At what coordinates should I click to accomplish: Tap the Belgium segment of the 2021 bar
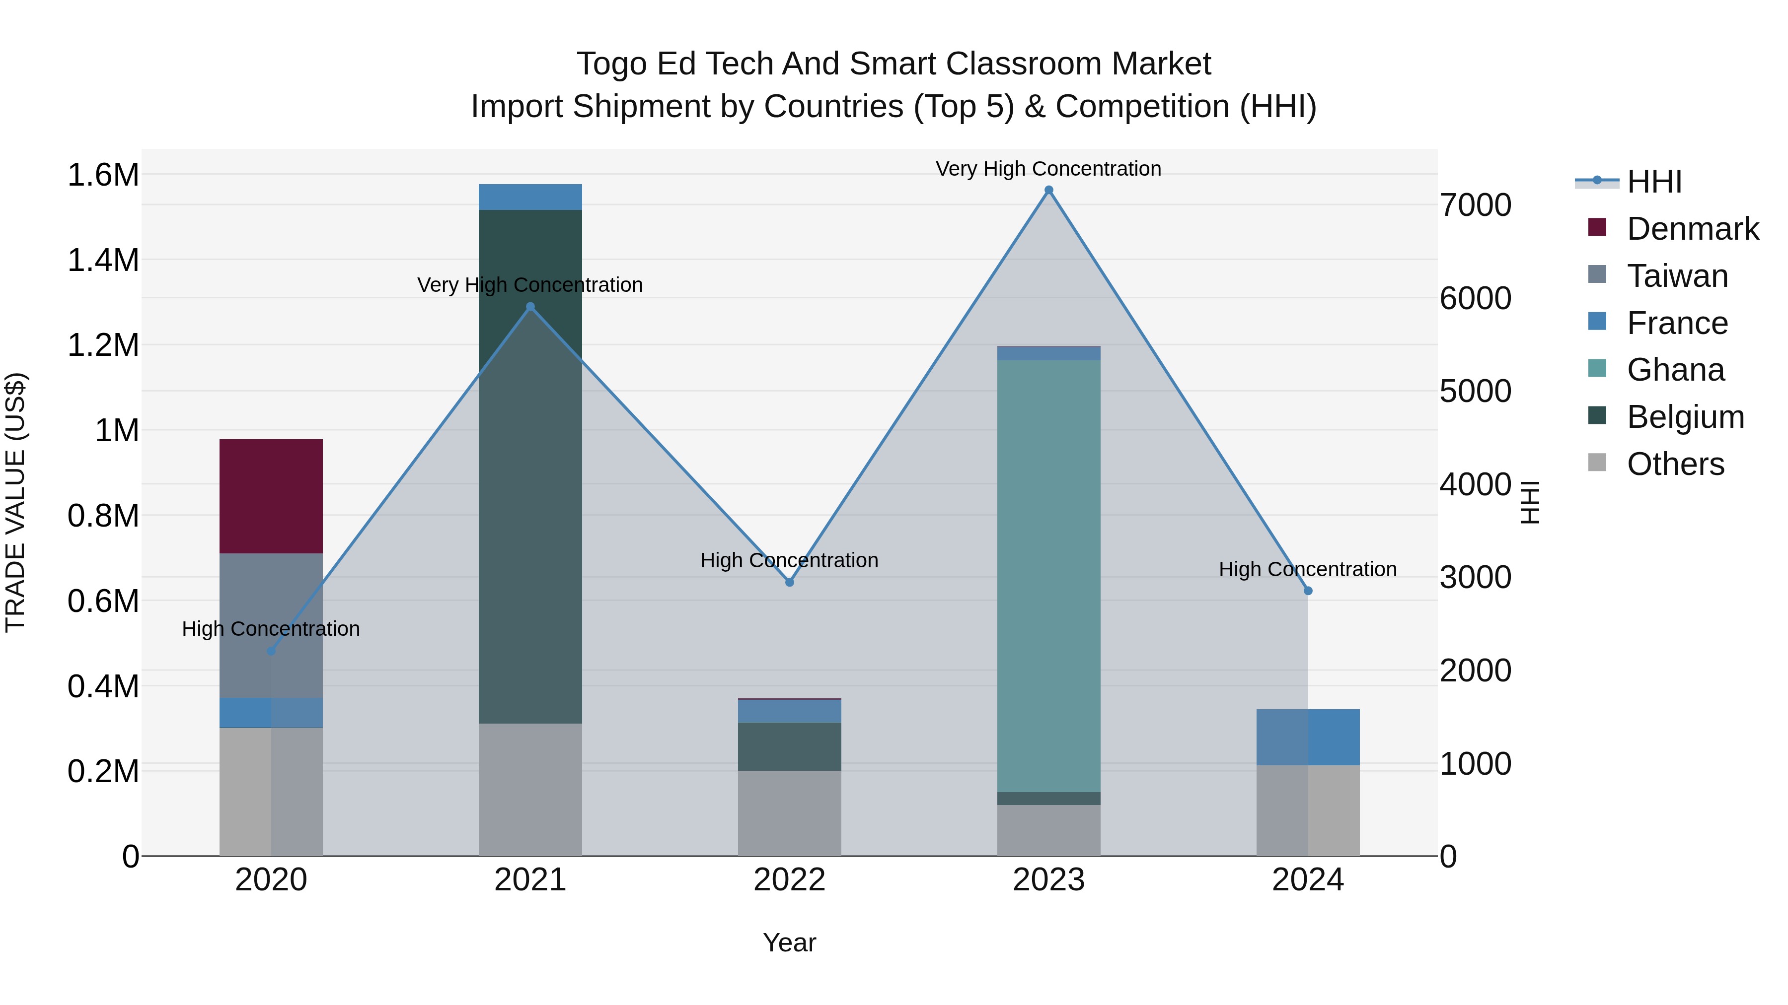530,466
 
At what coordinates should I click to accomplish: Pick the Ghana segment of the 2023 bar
1049,576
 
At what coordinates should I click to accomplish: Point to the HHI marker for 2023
1049,190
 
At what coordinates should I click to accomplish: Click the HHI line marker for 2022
789,582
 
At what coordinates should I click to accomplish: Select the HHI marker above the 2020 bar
271,651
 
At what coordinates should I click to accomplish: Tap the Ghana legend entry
1674,370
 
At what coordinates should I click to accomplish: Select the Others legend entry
1674,464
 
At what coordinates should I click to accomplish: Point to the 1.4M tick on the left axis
103,261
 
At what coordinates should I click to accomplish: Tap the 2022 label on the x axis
789,880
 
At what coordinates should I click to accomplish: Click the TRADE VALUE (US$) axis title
15,502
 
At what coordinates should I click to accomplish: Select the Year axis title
789,942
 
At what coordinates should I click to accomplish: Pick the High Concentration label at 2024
1308,569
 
